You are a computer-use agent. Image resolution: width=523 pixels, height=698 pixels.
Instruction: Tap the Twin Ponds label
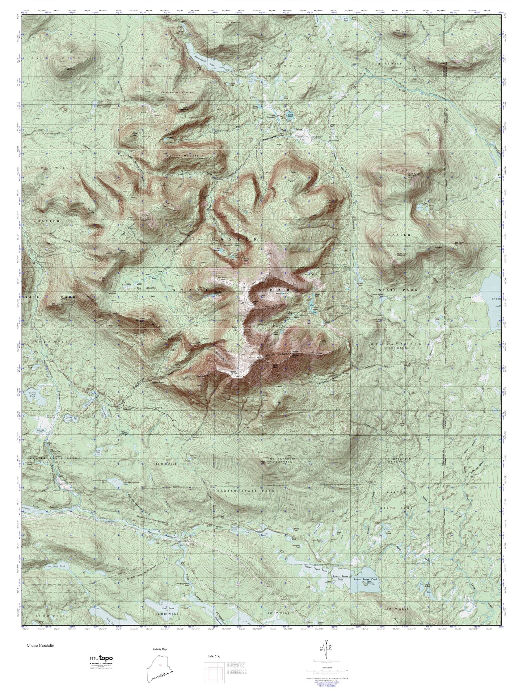pyautogui.click(x=423, y=204)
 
